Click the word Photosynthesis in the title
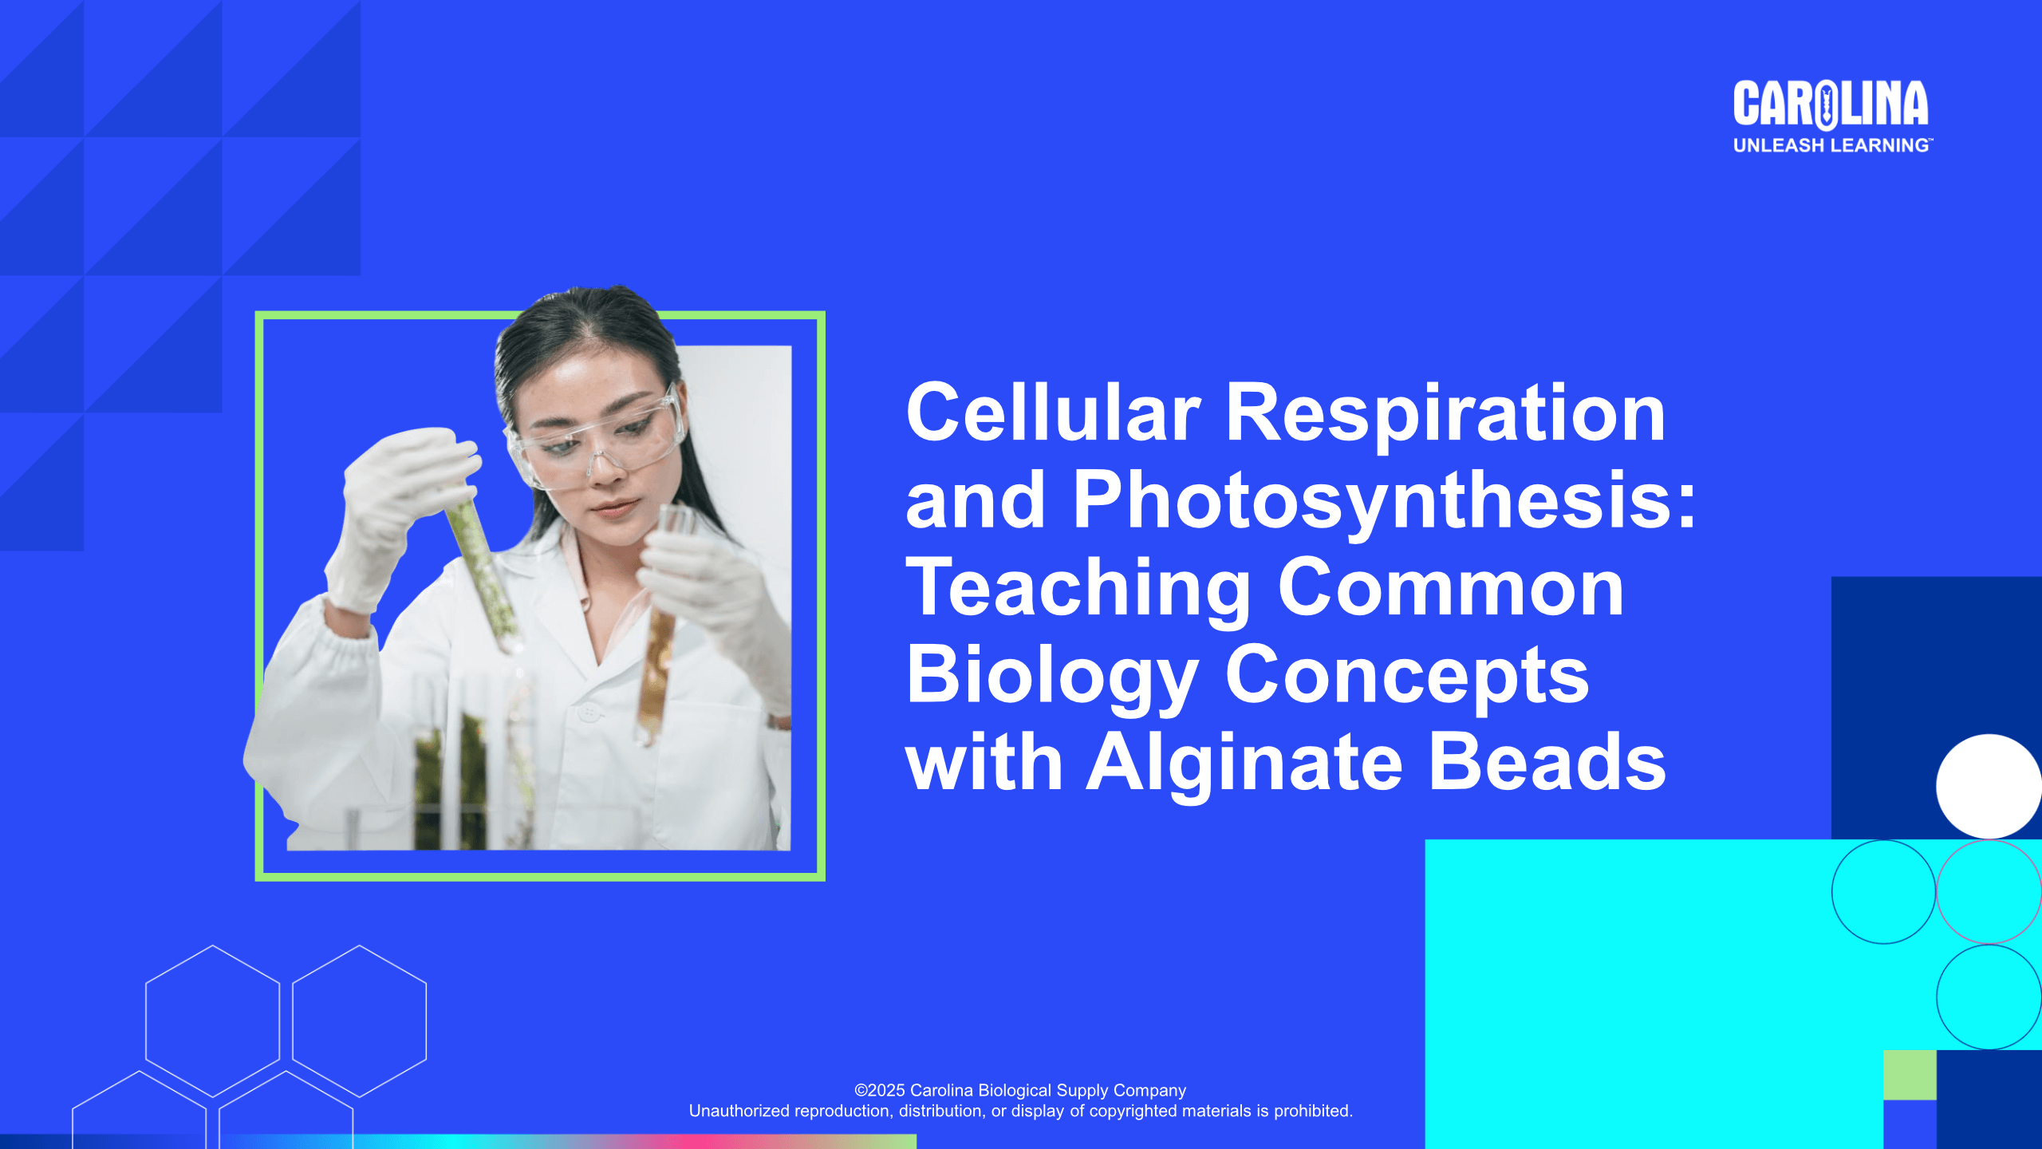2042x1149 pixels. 1384,501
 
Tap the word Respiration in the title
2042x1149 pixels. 1445,413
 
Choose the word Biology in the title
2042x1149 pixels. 1052,677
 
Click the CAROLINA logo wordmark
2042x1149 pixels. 1831,105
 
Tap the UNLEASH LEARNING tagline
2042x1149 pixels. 1832,145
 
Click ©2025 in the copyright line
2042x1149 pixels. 880,1090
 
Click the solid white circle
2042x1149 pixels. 1989,787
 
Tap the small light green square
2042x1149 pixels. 1910,1075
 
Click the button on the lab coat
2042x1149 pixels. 589,713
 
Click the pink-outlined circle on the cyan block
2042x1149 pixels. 1989,892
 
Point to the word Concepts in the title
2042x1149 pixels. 1407,677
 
